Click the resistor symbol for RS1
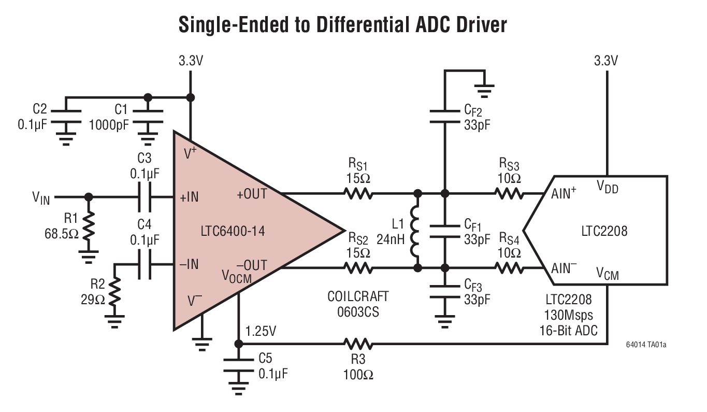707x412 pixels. click(x=357, y=194)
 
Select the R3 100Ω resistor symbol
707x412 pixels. click(x=357, y=344)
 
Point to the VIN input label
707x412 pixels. click(x=41, y=197)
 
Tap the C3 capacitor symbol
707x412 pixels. click(x=145, y=197)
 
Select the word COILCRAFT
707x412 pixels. click(x=357, y=297)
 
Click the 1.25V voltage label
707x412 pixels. click(x=262, y=331)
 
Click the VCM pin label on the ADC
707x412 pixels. click(x=607, y=273)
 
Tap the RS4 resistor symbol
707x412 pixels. click(x=510, y=268)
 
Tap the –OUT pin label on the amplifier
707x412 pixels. click(x=252, y=266)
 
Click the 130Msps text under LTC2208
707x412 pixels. click(x=568, y=315)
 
